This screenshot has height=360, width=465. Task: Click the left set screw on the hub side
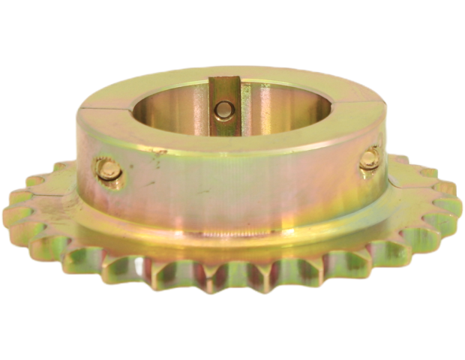click(107, 172)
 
